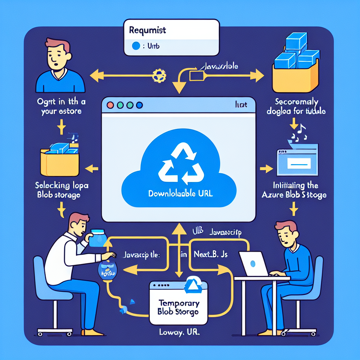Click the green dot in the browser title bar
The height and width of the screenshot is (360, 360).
pos(120,105)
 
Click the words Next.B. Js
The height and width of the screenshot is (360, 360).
pos(210,254)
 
